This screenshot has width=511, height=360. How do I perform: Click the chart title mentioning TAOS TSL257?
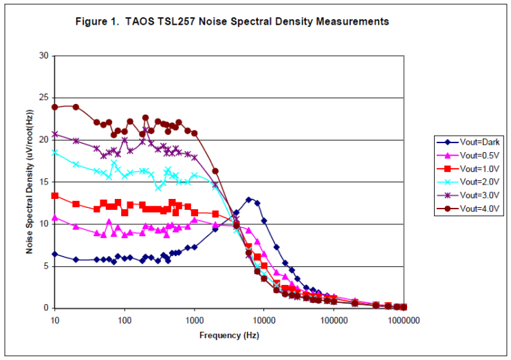click(232, 21)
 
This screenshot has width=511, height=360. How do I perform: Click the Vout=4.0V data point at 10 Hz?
click(54, 107)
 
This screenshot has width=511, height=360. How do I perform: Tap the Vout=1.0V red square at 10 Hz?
click(54, 195)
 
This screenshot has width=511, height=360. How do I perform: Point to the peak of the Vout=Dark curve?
click(249, 200)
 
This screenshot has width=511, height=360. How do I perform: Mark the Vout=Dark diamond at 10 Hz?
click(54, 254)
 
